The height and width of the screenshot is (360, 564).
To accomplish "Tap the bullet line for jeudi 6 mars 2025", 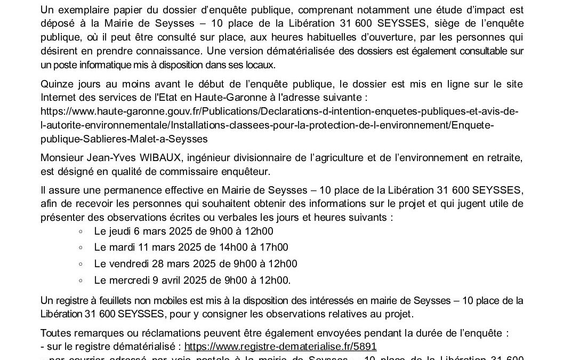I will pos(183,231).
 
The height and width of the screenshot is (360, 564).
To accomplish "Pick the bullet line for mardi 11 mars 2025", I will pos(191,247).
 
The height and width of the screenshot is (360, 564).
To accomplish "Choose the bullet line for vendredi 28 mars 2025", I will pos(196,263).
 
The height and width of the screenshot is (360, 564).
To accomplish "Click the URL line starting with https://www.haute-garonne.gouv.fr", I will pos(276,111).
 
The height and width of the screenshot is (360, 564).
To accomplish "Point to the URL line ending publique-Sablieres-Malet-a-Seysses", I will pos(124,138).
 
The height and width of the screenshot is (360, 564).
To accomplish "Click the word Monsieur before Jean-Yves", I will pos(62,158).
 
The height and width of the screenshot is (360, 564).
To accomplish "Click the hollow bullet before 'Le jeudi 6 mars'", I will pos(80,231).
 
